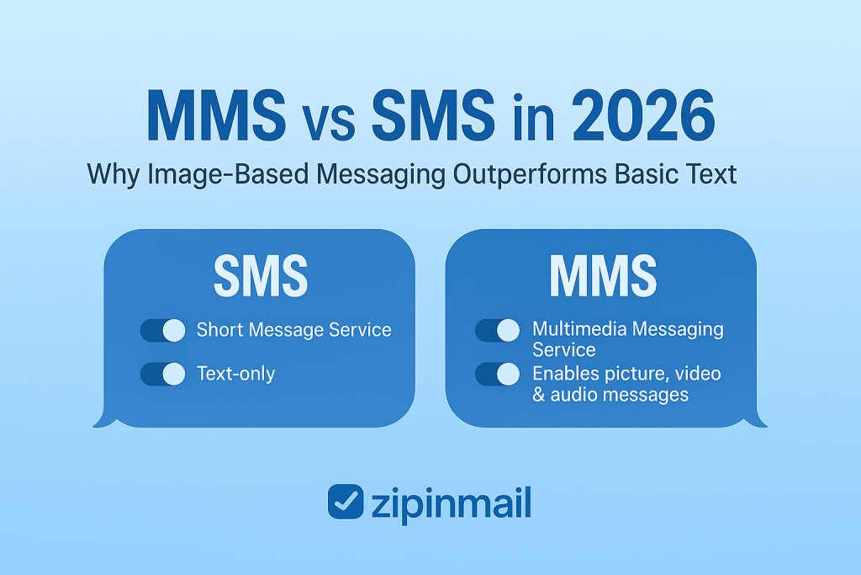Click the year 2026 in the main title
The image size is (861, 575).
click(643, 116)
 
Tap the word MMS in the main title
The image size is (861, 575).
click(216, 116)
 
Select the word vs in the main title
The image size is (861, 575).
click(329, 122)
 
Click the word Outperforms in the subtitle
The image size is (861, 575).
click(530, 174)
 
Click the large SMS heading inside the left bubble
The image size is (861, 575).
click(261, 276)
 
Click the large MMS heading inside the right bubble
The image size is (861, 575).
click(603, 276)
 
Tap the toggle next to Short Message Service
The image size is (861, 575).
click(163, 330)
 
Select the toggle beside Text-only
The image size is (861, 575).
click(163, 374)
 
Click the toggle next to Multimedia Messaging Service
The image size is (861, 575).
click(498, 330)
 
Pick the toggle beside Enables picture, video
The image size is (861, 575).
click(498, 374)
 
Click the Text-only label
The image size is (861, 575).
click(236, 374)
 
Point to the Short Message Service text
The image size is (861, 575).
click(294, 330)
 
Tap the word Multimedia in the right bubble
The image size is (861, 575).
click(580, 328)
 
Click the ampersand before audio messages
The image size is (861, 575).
click(539, 395)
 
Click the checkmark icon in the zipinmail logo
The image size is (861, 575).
click(346, 502)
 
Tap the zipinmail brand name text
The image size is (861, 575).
click(452, 503)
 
